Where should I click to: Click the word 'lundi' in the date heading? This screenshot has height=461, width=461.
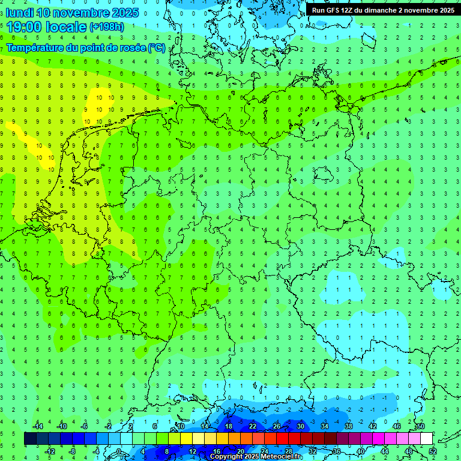pos(19,12)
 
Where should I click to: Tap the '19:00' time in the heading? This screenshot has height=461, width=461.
pos(23,26)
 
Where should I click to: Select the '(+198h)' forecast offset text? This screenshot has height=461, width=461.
pos(106,27)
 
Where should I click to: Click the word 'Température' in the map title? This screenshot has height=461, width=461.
pos(35,48)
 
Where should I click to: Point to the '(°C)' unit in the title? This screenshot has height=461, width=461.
pos(157,48)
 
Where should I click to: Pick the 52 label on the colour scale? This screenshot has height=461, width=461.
pos(432,451)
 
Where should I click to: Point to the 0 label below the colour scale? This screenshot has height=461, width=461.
pos(119,451)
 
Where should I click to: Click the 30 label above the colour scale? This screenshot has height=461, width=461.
pos(300,426)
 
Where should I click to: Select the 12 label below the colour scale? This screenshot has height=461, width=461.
pos(193,451)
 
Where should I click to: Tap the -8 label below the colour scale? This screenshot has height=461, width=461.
pos(72,451)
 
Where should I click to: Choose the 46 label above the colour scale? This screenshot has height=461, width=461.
pos(396,426)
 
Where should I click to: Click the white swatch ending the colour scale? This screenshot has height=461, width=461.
pos(426,439)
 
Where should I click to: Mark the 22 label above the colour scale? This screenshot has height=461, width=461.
pos(252,426)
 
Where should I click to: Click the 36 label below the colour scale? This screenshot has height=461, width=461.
pos(336,451)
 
